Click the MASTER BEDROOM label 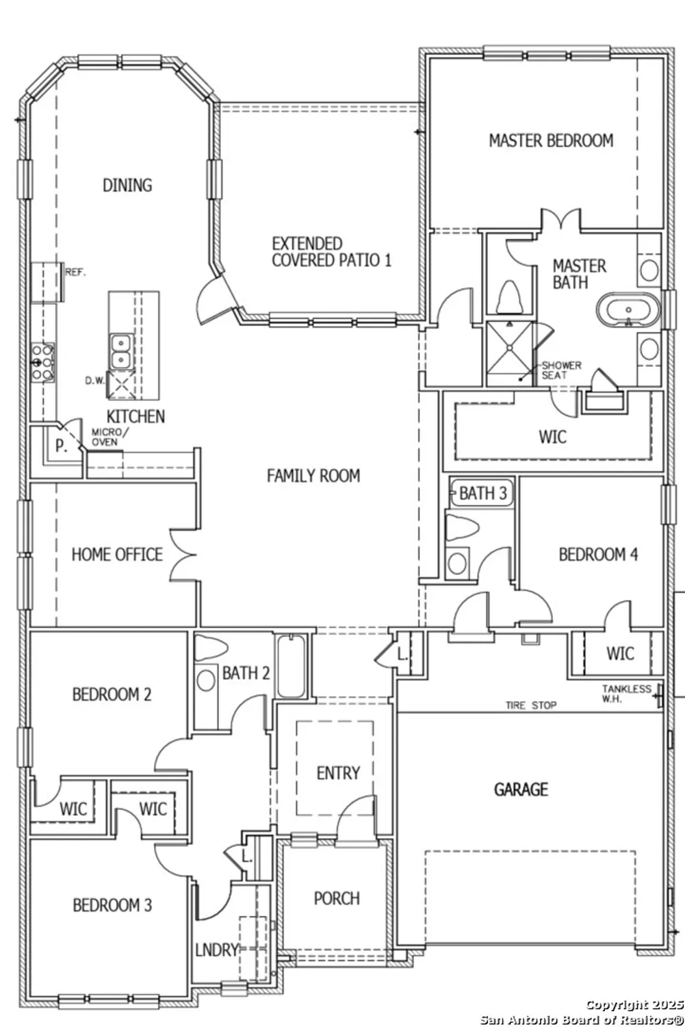coord(551,141)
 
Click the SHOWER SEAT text coord(561,370)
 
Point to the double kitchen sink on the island coord(120,350)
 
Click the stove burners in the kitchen coord(42,362)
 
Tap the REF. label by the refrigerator coord(75,272)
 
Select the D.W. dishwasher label coord(94,381)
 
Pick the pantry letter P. coord(61,446)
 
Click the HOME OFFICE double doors coord(183,555)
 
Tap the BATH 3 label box coord(482,493)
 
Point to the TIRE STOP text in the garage coord(531,705)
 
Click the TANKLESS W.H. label coord(626,694)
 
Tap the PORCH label coord(337,898)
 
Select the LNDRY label coord(216,950)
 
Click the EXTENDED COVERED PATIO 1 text coord(331,252)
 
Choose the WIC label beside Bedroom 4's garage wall coord(620,654)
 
